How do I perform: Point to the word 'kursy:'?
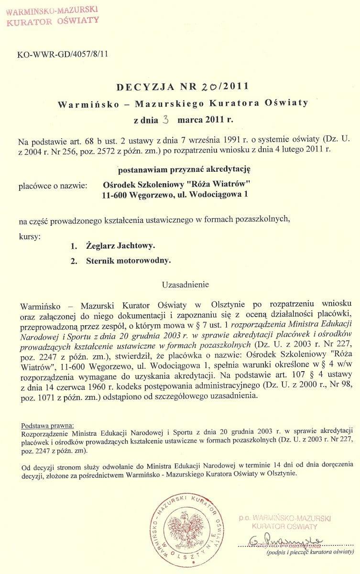(30, 236)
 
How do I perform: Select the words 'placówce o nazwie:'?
(52, 184)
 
